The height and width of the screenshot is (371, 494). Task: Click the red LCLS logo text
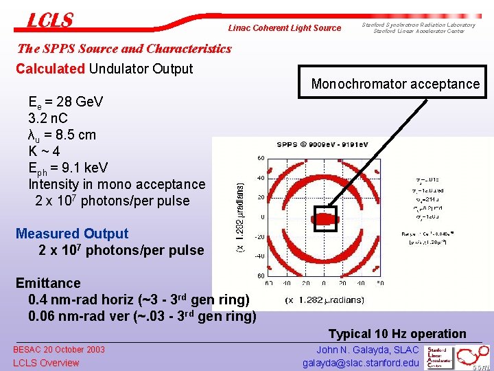49,21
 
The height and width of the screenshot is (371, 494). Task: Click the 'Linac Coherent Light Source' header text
284,28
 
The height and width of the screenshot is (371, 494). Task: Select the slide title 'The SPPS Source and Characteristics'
123,49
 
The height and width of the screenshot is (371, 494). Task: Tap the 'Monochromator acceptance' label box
395,84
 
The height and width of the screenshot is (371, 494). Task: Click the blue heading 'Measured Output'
71,234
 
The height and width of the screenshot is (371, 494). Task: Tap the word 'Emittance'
48,283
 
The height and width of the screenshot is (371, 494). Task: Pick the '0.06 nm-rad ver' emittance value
79,316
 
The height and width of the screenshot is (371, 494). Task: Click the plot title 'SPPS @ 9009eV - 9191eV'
322,144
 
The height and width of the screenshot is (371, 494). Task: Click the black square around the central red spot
325,219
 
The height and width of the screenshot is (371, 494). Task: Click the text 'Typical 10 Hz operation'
397,334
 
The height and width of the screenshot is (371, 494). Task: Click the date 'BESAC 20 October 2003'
59,350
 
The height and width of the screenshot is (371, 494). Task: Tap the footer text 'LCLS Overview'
46,363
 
